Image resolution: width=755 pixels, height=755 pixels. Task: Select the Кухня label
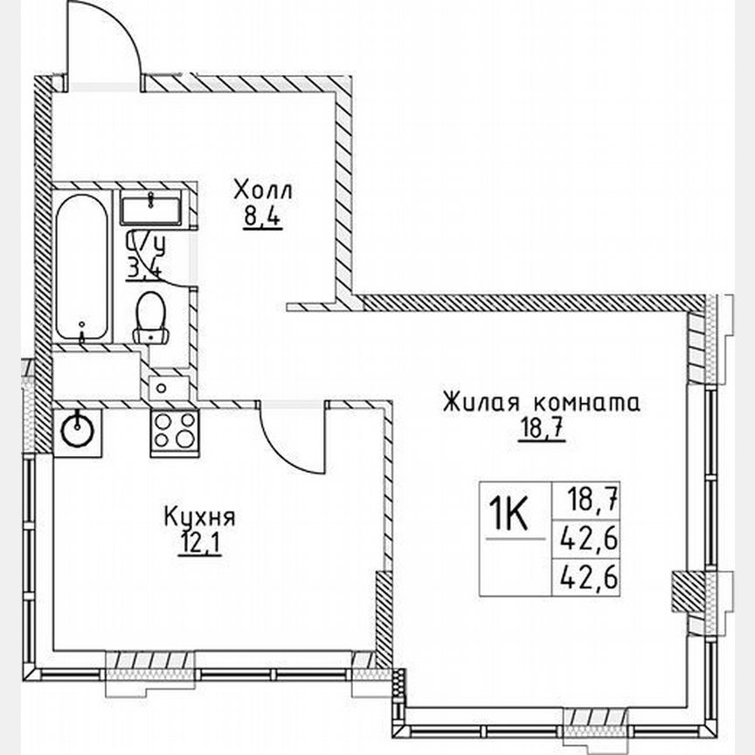point(199,516)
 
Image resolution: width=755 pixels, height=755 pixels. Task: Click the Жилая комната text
point(541,403)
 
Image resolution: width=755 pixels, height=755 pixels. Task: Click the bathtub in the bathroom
point(83,267)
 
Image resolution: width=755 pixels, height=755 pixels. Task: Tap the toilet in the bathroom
point(151,319)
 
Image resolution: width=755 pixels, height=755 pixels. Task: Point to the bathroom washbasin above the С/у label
point(151,210)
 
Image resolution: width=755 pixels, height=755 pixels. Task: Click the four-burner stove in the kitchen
point(173,430)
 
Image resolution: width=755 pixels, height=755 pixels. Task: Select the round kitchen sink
point(78,430)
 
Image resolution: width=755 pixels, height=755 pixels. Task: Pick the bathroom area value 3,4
point(142,267)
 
